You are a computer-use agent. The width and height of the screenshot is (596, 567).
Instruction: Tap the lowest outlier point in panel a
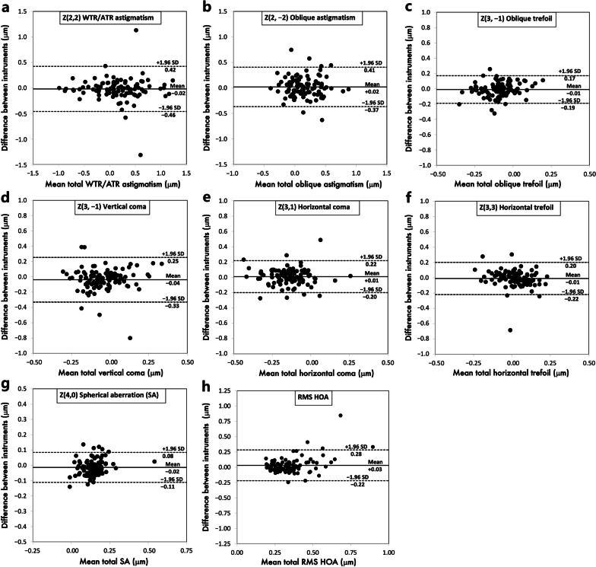coord(141,154)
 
